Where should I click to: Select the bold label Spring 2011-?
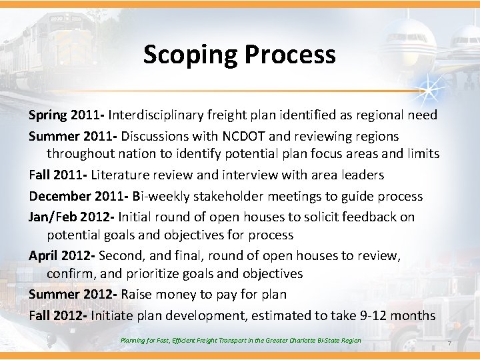click(67, 115)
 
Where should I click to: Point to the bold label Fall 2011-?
click(60, 175)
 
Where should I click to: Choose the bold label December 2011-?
click(79, 196)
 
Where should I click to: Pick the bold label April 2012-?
click(62, 256)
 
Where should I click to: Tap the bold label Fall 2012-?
click(59, 315)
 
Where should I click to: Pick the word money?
click(177, 295)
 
